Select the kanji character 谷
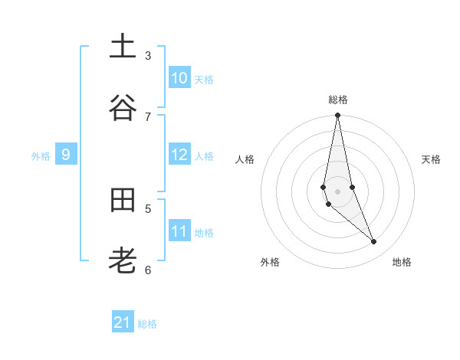pos(123,108)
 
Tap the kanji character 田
pos(123,201)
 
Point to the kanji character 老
pos(123,262)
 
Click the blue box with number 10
pos(179,78)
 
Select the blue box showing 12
pos(179,155)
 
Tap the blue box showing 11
pos(179,231)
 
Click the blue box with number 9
pos(66,155)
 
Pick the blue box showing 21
pos(123,322)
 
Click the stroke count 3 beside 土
pos(148,56)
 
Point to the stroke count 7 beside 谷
pos(148,116)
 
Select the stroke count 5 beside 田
pos(148,208)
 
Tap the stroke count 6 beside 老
pos(148,270)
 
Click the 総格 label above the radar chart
pos(338,100)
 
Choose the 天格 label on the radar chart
pos(431,159)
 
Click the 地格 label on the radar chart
pos(402,262)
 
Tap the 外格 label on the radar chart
pos(270,262)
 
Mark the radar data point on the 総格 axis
pos(337,116)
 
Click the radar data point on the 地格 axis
pos(374,242)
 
